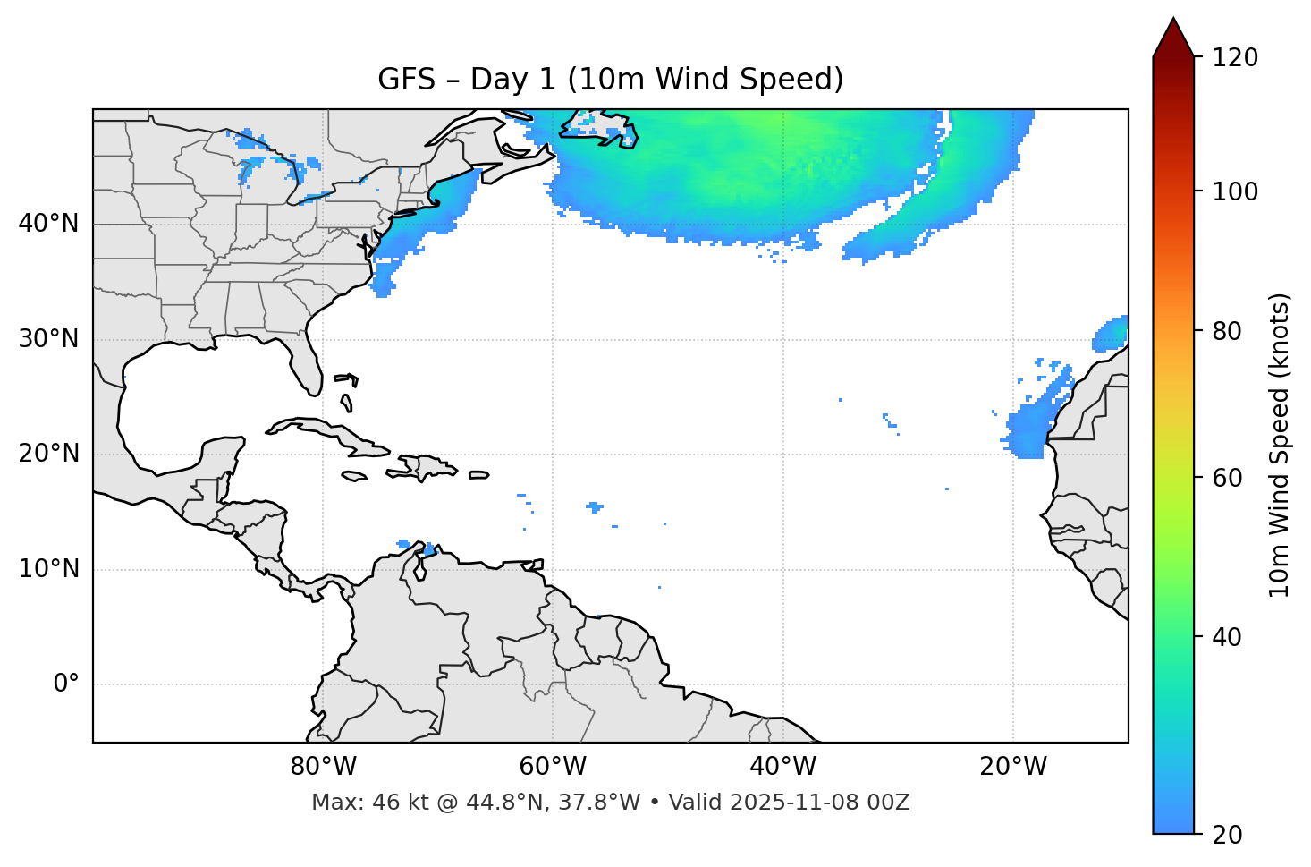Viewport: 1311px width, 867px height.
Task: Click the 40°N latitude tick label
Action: (x=48, y=224)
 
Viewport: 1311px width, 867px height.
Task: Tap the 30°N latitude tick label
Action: (x=48, y=339)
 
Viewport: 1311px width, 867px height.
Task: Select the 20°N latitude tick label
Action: (x=48, y=454)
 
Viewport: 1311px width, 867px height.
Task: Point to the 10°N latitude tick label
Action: (x=48, y=569)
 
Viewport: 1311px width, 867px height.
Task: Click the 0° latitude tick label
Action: (x=66, y=684)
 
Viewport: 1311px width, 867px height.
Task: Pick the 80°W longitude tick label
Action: (x=323, y=767)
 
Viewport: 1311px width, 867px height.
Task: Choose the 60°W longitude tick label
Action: (x=553, y=767)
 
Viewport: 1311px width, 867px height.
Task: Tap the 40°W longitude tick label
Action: (x=782, y=767)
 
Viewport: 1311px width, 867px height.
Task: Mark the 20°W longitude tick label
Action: (x=1013, y=767)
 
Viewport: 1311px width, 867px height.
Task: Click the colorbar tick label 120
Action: (x=1235, y=58)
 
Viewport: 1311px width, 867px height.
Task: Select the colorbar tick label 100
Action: (x=1235, y=191)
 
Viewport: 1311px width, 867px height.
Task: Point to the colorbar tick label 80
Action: (x=1227, y=332)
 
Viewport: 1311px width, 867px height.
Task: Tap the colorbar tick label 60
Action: (x=1227, y=478)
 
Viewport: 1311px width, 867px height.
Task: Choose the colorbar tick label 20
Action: (x=1227, y=835)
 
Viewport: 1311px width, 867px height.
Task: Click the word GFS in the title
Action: (x=406, y=80)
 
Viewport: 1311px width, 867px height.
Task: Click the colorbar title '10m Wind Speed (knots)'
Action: (x=1280, y=445)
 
